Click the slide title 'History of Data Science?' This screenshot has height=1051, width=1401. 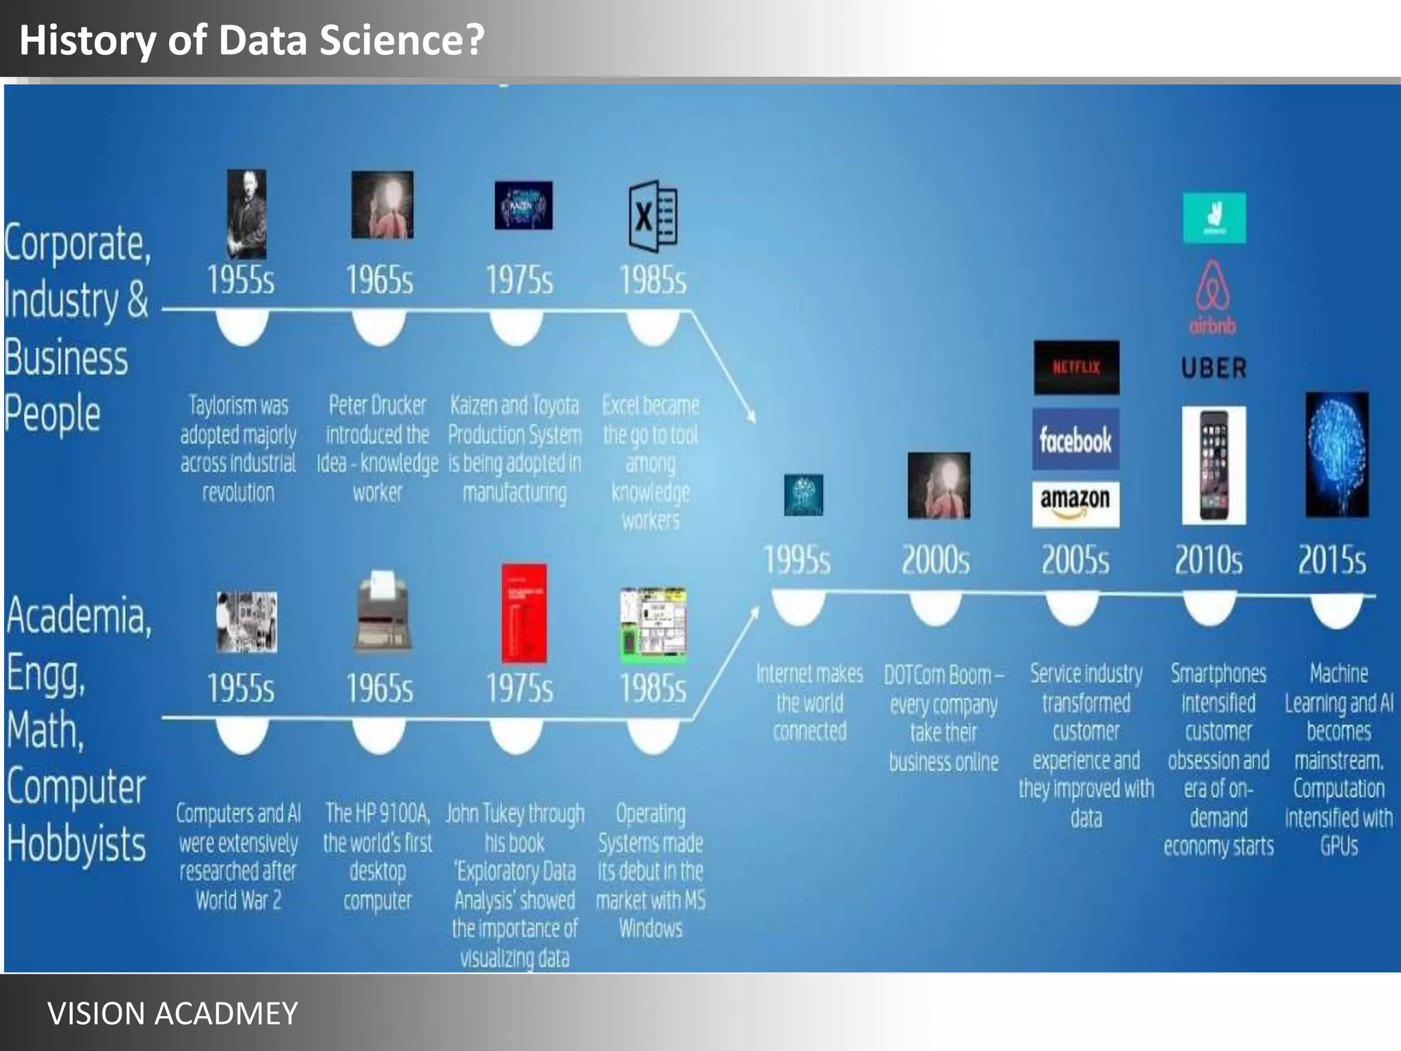[252, 40]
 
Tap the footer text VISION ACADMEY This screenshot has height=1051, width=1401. [172, 1013]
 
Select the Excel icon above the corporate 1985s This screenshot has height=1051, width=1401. [653, 216]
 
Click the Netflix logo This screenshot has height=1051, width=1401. [1076, 367]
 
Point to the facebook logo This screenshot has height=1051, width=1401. [1075, 439]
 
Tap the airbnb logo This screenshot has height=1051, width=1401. [1213, 298]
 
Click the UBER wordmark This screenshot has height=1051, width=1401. [1214, 368]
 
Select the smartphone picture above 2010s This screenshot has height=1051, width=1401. [1214, 465]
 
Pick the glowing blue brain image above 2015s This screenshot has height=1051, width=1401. [1337, 455]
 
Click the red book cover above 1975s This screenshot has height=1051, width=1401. [524, 614]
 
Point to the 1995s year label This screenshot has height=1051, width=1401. [797, 560]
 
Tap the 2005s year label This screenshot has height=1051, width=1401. [1075, 560]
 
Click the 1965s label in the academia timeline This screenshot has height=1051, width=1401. [380, 688]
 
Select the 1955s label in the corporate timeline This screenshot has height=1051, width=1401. [241, 280]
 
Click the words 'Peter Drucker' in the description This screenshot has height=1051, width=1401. [378, 405]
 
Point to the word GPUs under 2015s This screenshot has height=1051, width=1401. [1339, 846]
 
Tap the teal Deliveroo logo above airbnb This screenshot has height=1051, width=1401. [1214, 218]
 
